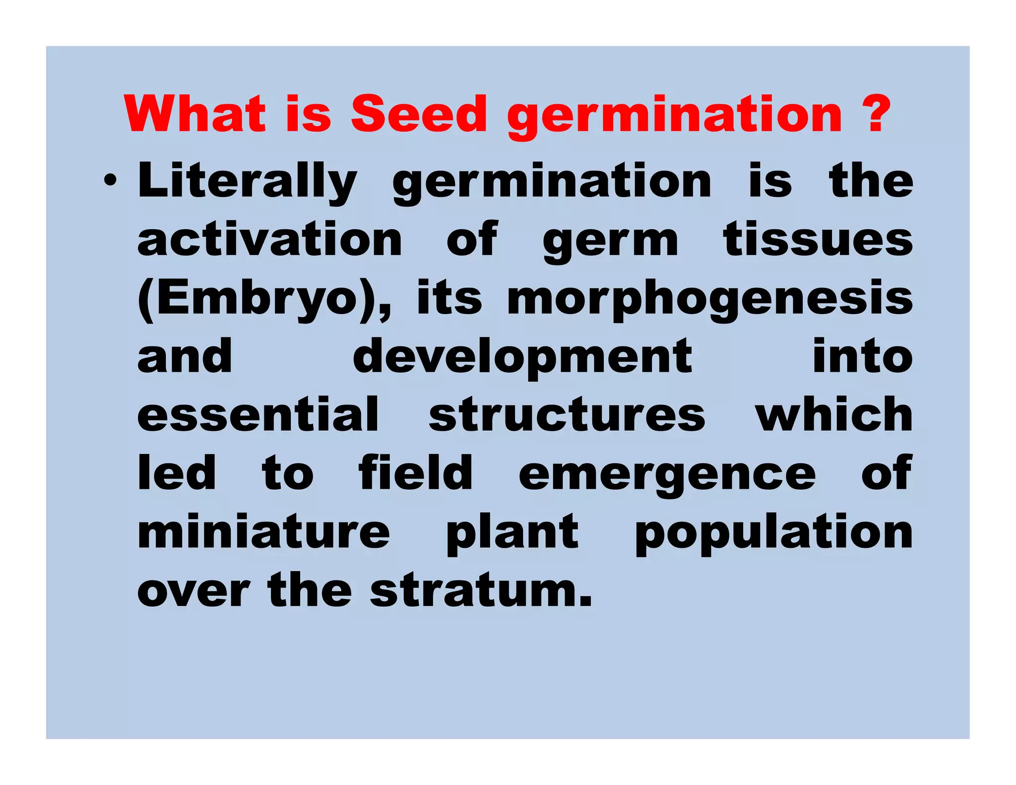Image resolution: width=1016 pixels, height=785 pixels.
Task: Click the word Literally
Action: pos(247,181)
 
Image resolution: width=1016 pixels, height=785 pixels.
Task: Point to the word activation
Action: pos(269,240)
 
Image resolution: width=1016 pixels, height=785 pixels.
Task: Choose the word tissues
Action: pos(818,240)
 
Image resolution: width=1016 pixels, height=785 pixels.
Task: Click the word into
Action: pos(862,356)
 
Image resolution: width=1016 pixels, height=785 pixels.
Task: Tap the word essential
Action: pos(258,415)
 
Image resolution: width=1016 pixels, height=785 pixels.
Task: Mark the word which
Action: pos(833,415)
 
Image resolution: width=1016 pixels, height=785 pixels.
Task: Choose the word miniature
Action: pos(264,532)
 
